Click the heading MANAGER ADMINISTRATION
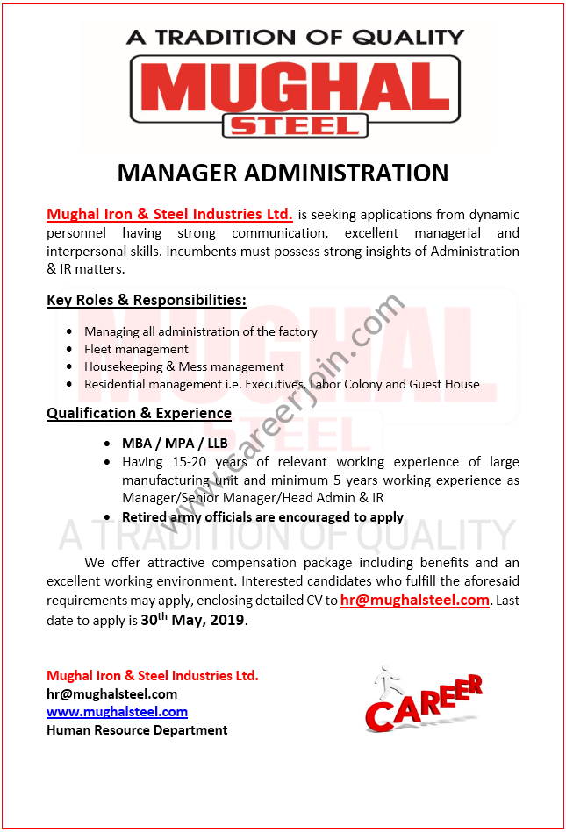pos(283,172)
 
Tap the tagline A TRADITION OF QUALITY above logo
pos(295,37)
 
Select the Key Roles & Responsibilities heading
pos(147,300)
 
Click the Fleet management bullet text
pos(136,349)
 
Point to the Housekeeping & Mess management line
pos(183,366)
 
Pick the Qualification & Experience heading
pos(139,412)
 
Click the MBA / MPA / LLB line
pos(175,443)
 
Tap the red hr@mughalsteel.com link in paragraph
pos(414,601)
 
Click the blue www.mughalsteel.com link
pos(117,712)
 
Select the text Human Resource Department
pos(137,729)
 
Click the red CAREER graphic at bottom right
pos(424,706)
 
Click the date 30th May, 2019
pos(193,620)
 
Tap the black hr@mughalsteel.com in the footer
pos(111,693)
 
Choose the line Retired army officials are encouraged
pos(262,516)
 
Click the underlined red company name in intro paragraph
pos(169,214)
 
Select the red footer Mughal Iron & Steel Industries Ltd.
pos(153,675)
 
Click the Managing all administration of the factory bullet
pos(201,331)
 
